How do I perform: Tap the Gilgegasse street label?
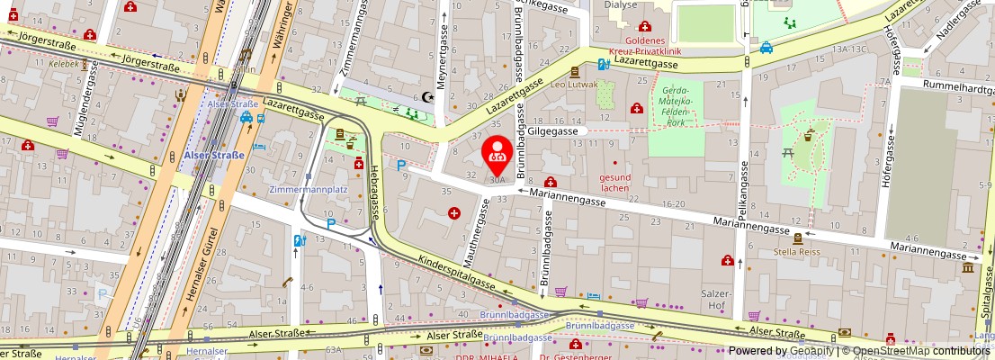551,130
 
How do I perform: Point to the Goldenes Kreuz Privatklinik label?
643,47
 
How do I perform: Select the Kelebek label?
65,65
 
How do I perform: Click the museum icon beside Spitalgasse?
968,267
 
